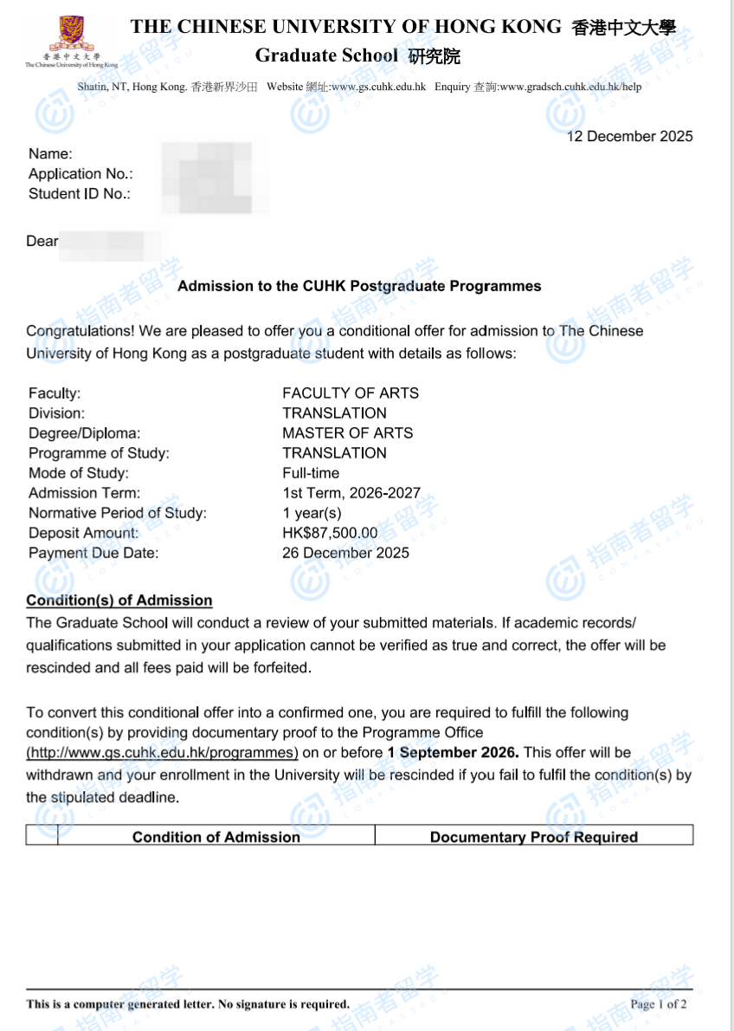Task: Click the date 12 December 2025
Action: click(x=629, y=136)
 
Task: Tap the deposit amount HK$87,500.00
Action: click(x=330, y=533)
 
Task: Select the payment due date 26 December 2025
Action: click(x=345, y=553)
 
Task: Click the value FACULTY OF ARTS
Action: click(x=350, y=393)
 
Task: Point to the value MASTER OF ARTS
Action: click(x=347, y=433)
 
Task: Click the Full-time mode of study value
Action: click(x=311, y=473)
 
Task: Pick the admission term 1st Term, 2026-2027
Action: click(x=351, y=493)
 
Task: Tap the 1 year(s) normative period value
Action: click(x=312, y=513)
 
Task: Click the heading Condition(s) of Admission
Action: click(x=119, y=600)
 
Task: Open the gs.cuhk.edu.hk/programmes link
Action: click(x=162, y=752)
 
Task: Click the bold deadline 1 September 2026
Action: click(x=453, y=752)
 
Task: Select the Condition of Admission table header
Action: click(x=216, y=837)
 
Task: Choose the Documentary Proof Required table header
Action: click(x=533, y=837)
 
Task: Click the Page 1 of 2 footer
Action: click(x=659, y=1004)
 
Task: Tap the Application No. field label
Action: click(x=80, y=174)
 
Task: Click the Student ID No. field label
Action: click(x=79, y=194)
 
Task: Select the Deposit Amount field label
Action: click(x=83, y=533)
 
